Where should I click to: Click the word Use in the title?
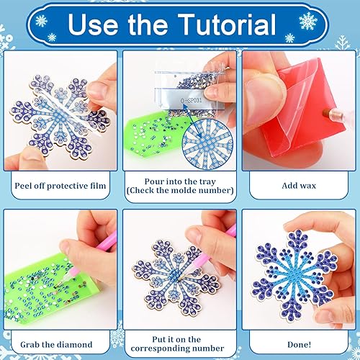click(94, 27)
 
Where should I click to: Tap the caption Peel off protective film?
click(60, 185)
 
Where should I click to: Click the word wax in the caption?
click(307, 185)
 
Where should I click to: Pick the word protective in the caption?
click(67, 185)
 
